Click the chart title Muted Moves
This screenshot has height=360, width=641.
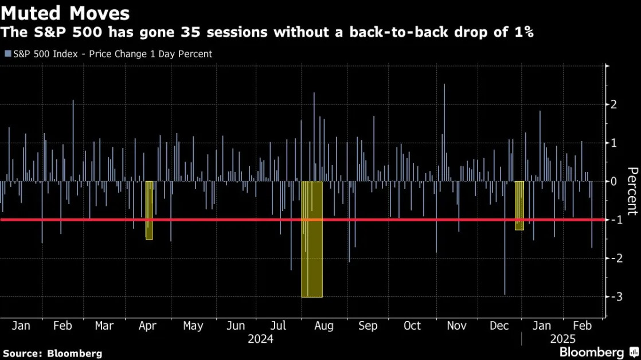click(x=65, y=13)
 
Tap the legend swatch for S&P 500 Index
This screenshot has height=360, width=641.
click(x=8, y=54)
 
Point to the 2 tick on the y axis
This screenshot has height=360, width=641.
click(x=613, y=104)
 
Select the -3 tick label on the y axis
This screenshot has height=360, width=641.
click(x=616, y=296)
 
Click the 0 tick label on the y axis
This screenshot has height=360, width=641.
click(x=613, y=181)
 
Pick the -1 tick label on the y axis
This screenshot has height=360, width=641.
click(x=616, y=220)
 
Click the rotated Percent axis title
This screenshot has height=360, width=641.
click(x=632, y=191)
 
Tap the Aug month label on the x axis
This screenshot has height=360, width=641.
click(x=324, y=326)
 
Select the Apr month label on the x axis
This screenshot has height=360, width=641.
click(x=147, y=326)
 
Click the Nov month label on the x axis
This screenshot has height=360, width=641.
click(x=456, y=326)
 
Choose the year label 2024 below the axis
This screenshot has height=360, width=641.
click(x=260, y=339)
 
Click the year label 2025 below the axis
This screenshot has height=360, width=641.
click(x=562, y=339)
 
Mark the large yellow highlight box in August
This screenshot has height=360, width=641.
click(x=312, y=239)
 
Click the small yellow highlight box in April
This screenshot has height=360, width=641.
click(x=149, y=210)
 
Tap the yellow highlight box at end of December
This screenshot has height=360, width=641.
click(x=519, y=206)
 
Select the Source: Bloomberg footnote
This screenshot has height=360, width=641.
click(x=52, y=354)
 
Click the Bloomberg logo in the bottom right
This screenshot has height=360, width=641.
click(x=599, y=352)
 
